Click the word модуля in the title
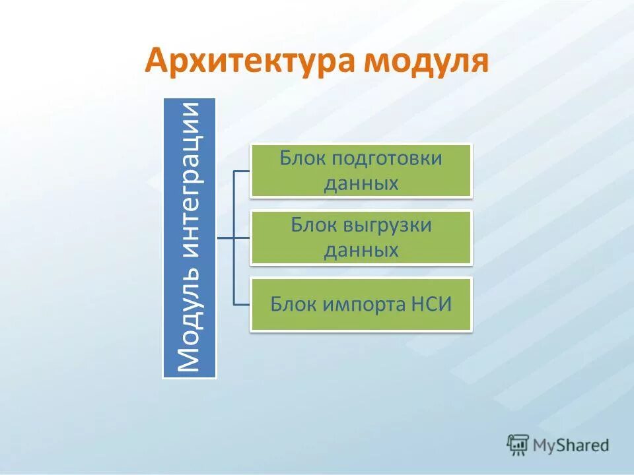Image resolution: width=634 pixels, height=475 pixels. click(425, 62)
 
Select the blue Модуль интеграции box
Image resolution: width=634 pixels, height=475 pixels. click(190, 238)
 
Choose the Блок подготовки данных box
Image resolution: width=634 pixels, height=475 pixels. click(361, 171)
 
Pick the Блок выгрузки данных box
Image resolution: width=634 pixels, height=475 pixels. click(361, 237)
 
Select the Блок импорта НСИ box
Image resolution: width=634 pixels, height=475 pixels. click(361, 304)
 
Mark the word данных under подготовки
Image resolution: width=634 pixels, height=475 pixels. click(361, 183)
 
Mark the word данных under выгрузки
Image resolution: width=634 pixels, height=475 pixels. click(361, 250)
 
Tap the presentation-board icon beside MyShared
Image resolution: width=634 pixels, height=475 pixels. click(518, 445)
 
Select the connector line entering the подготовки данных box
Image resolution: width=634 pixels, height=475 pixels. click(242, 171)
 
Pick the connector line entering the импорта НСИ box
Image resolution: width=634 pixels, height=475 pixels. click(242, 304)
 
